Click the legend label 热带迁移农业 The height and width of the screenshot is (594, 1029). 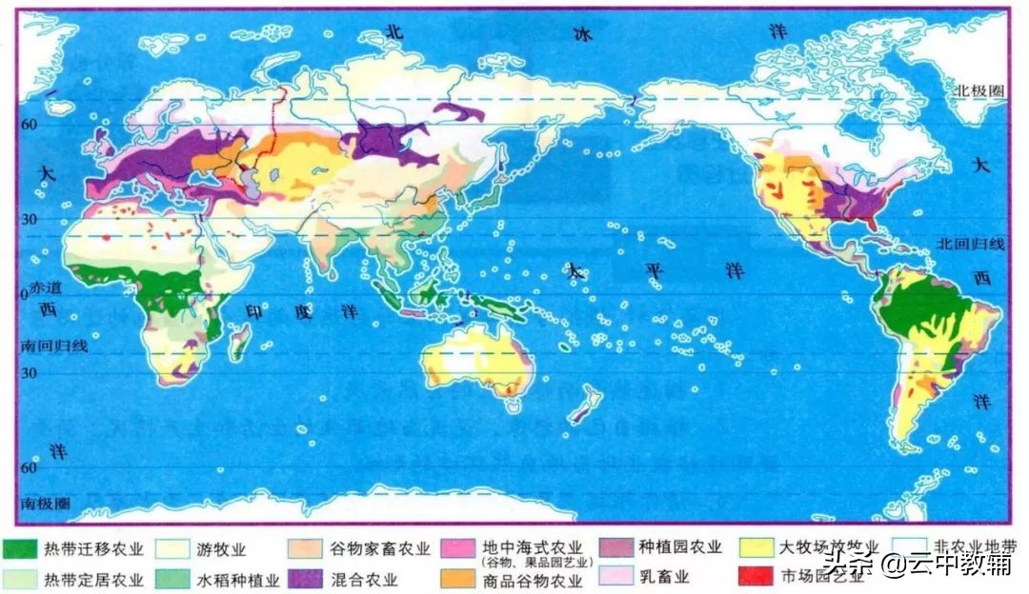(x=93, y=549)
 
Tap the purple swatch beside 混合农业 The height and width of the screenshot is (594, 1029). (x=306, y=578)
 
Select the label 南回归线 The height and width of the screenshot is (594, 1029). (x=54, y=346)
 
